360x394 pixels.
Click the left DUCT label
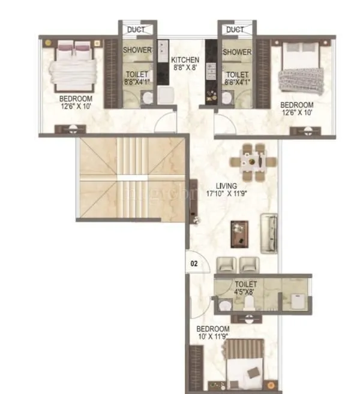(x=137, y=29)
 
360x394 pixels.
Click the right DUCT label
(x=235, y=29)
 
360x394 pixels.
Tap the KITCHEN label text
(x=185, y=61)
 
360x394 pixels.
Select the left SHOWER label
(x=137, y=51)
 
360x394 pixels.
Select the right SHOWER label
(x=236, y=52)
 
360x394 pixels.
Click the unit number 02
(x=194, y=263)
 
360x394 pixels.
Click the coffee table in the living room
(x=240, y=233)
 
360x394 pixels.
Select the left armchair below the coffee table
(x=226, y=264)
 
